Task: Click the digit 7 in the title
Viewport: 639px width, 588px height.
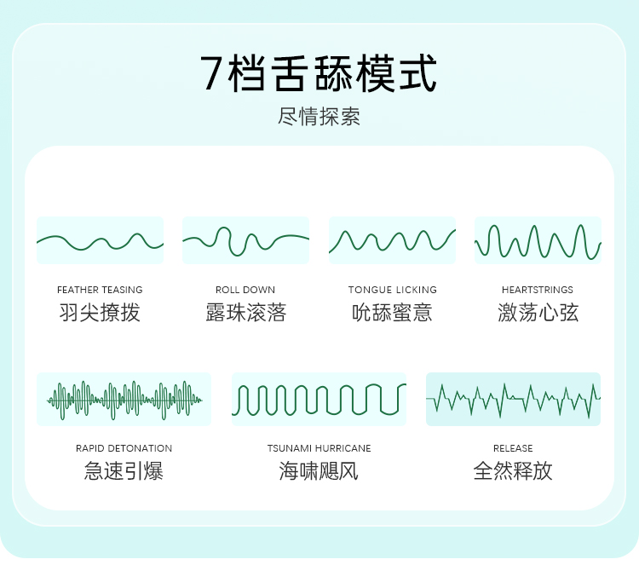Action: (213, 74)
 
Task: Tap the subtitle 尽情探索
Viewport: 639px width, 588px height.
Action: (319, 117)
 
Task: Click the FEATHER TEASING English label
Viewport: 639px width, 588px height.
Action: (100, 290)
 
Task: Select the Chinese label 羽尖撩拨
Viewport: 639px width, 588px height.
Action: (100, 313)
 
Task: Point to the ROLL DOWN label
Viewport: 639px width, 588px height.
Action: (245, 290)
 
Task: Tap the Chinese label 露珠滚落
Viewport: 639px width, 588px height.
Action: (245, 313)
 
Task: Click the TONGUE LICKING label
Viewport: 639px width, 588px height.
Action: (392, 290)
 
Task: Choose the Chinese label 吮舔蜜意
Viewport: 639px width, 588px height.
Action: (392, 313)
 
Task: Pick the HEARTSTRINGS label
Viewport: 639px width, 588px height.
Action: (538, 290)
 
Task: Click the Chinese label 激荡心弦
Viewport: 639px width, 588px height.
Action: (538, 313)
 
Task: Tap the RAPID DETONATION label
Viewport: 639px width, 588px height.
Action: (124, 448)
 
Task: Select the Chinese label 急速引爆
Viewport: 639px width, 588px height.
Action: (124, 470)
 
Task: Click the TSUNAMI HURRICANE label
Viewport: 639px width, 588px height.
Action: (319, 448)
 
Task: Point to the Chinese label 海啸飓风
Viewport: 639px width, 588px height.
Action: (319, 470)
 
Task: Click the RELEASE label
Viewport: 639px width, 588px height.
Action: (513, 448)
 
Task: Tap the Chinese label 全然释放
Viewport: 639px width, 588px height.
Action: (513, 470)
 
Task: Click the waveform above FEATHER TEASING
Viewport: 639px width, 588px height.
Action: (100, 240)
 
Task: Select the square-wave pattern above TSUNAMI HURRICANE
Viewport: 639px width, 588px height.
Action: (319, 399)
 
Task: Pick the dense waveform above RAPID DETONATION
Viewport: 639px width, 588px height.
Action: (124, 399)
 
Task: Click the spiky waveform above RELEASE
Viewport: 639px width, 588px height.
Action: (513, 399)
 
